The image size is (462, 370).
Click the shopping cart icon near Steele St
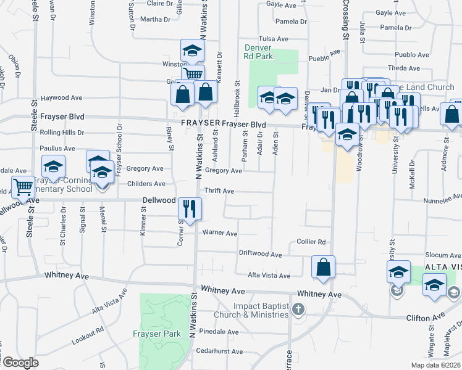(23, 186)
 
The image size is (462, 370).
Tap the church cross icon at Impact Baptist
(298, 308)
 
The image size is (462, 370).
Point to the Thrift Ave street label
(219, 191)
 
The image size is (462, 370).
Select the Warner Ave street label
(220, 234)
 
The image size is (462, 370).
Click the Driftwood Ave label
(261, 254)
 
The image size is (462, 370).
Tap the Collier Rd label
(311, 242)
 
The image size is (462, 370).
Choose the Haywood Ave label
(61, 98)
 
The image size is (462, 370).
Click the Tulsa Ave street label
(274, 38)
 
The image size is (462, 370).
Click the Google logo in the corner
(20, 363)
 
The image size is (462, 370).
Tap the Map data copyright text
(435, 365)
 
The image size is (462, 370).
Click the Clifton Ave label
(426, 318)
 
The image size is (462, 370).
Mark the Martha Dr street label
(155, 19)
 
